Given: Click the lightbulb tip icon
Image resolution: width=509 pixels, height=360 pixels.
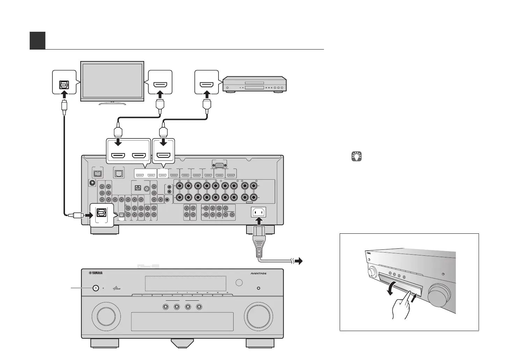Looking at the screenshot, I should tap(356, 156).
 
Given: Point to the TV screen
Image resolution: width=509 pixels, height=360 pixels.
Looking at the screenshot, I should tap(112, 81).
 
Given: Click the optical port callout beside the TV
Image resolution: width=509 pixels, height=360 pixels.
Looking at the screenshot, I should tap(64, 82).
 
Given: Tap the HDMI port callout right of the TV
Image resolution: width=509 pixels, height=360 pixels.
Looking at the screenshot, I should tap(160, 82).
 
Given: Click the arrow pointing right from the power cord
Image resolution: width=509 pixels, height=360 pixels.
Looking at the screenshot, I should tap(299, 261).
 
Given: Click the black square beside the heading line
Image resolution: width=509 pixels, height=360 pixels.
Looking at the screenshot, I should tap(37, 40).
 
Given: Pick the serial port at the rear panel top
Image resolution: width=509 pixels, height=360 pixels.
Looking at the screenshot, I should tap(219, 164).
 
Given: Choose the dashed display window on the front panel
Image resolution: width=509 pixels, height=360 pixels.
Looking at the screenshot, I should tap(185, 283).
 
